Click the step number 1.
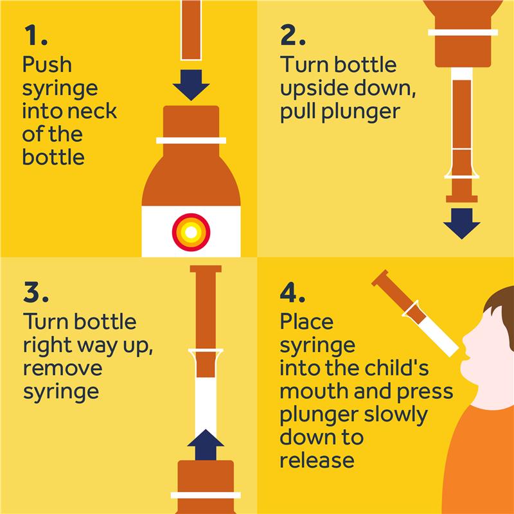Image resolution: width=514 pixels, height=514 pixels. pos(35,35)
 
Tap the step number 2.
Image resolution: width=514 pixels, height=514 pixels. pos(293,35)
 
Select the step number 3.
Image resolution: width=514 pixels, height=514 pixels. pos(36,292)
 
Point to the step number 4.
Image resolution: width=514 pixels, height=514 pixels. pos(292,292)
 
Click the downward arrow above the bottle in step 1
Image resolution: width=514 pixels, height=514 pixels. pos(191,85)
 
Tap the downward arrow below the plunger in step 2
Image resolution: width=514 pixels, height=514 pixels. pos(461,224)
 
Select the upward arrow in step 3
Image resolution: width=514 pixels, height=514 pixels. pos(206,445)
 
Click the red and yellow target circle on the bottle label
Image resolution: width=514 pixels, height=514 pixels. pos(191,232)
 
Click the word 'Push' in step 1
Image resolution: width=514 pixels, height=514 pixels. pos(47,64)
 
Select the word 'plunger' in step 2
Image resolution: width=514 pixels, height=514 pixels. pos(360,113)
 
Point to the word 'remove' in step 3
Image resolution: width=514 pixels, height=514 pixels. pos(62,368)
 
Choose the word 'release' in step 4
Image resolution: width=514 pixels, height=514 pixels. pos(317,460)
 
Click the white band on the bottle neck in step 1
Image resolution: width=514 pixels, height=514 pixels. pos(191,141)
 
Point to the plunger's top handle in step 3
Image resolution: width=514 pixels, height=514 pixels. pos(206,269)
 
